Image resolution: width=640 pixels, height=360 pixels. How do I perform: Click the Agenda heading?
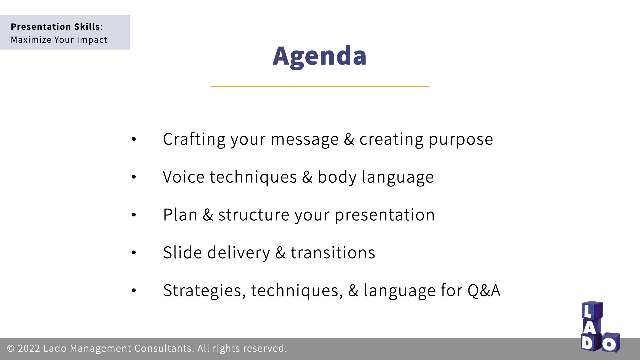(320, 56)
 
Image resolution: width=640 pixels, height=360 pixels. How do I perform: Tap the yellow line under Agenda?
(320, 86)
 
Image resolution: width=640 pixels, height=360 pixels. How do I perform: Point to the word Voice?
(184, 177)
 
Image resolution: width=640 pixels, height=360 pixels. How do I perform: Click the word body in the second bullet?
(337, 177)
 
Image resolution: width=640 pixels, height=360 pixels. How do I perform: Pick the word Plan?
(180, 215)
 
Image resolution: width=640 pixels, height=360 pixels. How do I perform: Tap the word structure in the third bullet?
(254, 215)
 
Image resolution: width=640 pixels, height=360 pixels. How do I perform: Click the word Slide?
(183, 252)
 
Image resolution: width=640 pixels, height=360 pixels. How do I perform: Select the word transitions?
(333, 253)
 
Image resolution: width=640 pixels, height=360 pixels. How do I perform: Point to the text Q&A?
(484, 290)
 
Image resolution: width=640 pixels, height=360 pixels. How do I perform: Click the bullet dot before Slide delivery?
(134, 253)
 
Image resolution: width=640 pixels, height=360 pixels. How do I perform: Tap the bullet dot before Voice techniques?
(134, 177)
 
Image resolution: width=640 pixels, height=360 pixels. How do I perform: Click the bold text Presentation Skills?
(55, 27)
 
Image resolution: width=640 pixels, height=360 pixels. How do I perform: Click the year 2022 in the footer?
(29, 348)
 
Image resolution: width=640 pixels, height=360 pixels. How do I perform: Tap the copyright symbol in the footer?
(11, 348)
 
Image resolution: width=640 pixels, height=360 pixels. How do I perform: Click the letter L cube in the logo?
(592, 310)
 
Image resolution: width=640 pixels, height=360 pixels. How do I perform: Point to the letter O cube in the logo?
(610, 342)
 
